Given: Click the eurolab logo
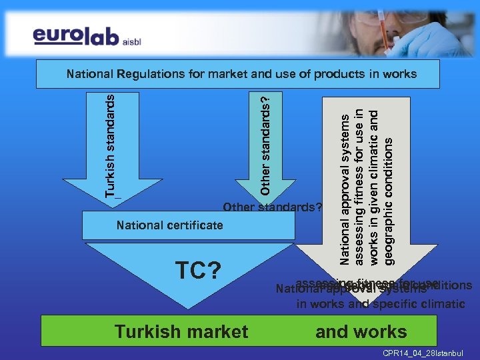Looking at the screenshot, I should [x=77, y=36].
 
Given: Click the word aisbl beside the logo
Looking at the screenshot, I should [x=132, y=40].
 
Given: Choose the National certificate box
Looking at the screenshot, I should [x=187, y=225].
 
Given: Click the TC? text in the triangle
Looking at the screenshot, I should [x=198, y=271].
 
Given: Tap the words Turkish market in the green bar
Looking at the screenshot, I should [x=181, y=331].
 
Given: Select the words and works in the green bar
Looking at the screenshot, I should [x=361, y=331].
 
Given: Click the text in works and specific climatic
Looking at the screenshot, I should [x=381, y=304].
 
